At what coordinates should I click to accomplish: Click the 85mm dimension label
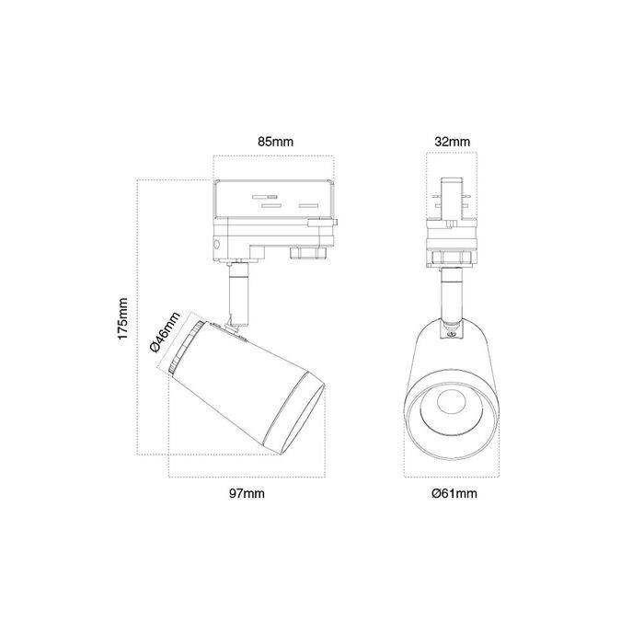(276, 142)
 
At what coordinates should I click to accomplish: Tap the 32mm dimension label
(453, 142)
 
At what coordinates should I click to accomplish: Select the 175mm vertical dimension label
(122, 319)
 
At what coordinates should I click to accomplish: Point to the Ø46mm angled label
(165, 332)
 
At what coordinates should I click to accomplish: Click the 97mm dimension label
(247, 493)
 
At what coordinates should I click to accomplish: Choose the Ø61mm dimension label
(454, 493)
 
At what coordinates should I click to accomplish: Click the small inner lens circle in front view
(452, 403)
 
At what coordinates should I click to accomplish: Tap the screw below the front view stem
(453, 335)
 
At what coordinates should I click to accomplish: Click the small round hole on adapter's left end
(216, 245)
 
